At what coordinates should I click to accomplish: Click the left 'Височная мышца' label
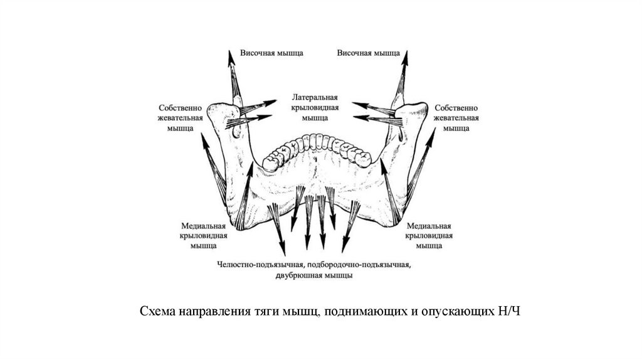click(271, 53)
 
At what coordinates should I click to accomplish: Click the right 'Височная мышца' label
click(369, 53)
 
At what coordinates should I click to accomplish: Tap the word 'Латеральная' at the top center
click(315, 98)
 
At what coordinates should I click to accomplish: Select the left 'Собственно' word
click(179, 107)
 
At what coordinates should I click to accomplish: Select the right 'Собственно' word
click(456, 107)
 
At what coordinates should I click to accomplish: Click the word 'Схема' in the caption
click(156, 312)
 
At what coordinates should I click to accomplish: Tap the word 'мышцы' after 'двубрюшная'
click(339, 275)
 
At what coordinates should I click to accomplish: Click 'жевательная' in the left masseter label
click(179, 117)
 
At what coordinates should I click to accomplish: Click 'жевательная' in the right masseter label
click(456, 117)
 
